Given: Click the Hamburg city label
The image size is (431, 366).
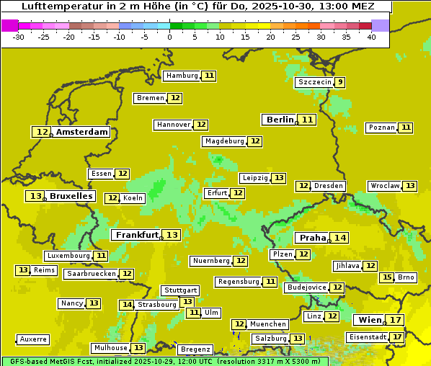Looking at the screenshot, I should point(182,76).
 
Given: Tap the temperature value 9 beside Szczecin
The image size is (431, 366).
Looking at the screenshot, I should point(339,82).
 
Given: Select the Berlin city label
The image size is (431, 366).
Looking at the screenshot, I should point(280,120).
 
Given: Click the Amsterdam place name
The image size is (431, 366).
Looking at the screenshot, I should point(82,132).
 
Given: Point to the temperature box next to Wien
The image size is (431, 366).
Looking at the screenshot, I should point(395,320).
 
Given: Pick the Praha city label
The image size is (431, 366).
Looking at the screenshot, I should point(313,238).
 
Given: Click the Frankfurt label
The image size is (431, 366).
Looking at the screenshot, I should point(137,235).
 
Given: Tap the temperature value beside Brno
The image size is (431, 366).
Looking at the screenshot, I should point(387,277).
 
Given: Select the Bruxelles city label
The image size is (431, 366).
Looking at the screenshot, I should point(71,196).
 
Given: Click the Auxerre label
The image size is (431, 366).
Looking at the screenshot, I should point(33,339).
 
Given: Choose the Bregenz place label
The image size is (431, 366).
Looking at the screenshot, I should point(195,349).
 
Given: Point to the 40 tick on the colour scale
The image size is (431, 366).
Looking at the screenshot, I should point(371,37).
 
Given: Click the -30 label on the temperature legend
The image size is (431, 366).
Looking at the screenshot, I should point(19,37).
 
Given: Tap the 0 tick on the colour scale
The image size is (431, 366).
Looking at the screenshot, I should point(169,37).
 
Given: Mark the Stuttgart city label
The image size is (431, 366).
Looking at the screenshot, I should point(180,290).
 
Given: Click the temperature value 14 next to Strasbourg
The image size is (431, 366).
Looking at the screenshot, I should point(127,305).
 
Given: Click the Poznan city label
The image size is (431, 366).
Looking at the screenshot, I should point(382,128).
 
